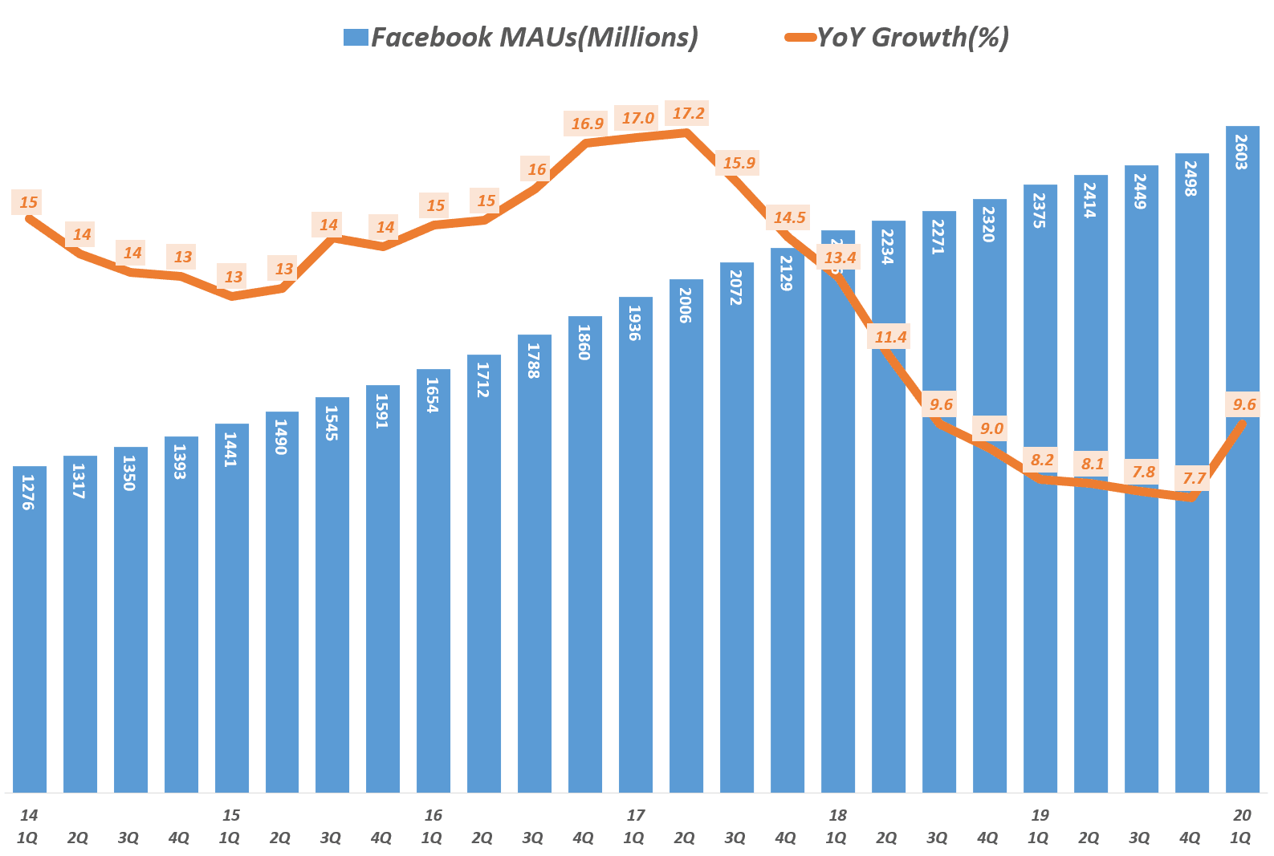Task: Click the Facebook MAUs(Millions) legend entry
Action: click(520, 37)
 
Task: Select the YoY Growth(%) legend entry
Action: click(897, 37)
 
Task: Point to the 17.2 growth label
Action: click(688, 114)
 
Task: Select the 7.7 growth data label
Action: click(1194, 479)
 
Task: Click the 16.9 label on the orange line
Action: click(587, 124)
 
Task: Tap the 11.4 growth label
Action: click(890, 338)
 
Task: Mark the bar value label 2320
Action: click(989, 225)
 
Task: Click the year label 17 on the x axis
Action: click(635, 816)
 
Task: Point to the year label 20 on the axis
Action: click(1242, 816)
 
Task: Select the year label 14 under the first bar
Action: click(29, 816)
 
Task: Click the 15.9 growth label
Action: click(739, 164)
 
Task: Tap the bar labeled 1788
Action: click(535, 562)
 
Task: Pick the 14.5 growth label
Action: click(789, 217)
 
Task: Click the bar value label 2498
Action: click(1191, 179)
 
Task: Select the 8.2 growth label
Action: click(1041, 460)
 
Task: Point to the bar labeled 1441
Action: click(231, 610)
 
